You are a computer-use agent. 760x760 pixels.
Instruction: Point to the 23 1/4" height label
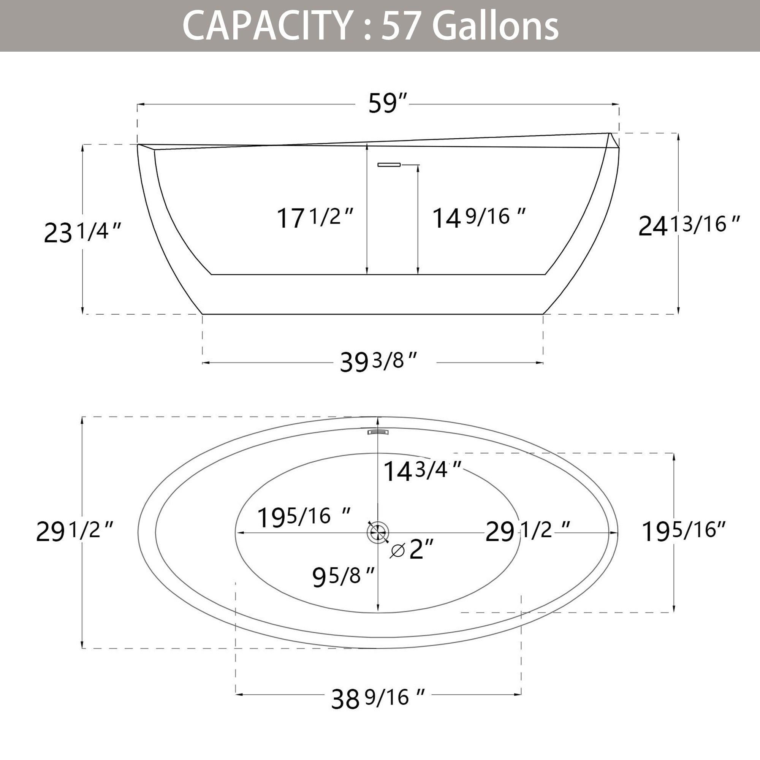[82, 232]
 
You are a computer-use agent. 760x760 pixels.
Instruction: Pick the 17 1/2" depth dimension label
[315, 217]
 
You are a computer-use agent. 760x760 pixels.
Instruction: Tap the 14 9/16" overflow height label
[479, 217]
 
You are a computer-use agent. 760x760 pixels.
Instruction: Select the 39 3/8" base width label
[378, 361]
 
